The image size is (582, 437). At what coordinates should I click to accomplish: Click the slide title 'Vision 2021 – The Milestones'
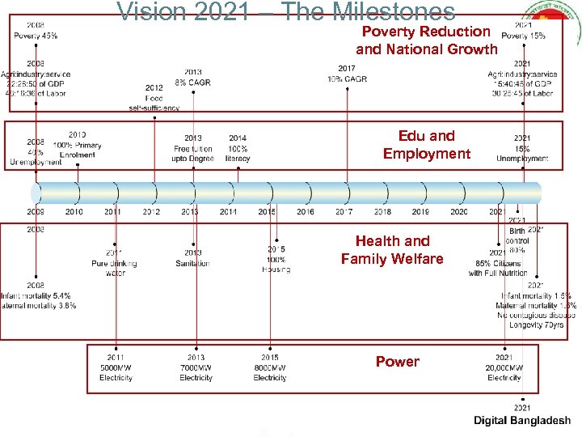pyautogui.click(x=286, y=11)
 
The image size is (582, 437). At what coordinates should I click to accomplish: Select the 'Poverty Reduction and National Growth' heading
pyautogui.click(x=426, y=40)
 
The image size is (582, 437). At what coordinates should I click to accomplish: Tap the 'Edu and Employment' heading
pyautogui.click(x=426, y=145)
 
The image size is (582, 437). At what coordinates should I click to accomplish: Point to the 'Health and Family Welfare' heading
pyautogui.click(x=392, y=250)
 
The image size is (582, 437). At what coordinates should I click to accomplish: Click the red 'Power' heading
pyautogui.click(x=397, y=362)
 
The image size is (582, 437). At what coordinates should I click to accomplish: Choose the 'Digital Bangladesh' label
pyautogui.click(x=521, y=421)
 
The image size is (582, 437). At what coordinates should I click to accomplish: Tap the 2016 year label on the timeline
pyautogui.click(x=306, y=212)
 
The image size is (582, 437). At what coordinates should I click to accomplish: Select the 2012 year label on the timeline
pyautogui.click(x=151, y=212)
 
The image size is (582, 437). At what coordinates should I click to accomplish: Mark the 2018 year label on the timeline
pyautogui.click(x=382, y=212)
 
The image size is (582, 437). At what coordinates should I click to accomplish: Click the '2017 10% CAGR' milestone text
pyautogui.click(x=346, y=74)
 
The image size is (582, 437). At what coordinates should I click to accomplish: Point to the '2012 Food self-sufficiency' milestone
pyautogui.click(x=154, y=97)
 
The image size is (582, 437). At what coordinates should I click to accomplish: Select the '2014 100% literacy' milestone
pyautogui.click(x=238, y=148)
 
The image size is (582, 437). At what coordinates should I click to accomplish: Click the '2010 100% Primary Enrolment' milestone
pyautogui.click(x=78, y=144)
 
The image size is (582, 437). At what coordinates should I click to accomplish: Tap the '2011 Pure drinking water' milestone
pyautogui.click(x=114, y=263)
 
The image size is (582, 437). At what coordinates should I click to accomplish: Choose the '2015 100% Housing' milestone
pyautogui.click(x=276, y=259)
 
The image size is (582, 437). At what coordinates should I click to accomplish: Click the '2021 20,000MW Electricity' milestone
pyautogui.click(x=504, y=367)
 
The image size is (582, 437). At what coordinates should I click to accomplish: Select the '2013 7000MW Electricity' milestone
pyautogui.click(x=196, y=367)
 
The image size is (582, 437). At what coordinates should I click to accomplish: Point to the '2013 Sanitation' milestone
pyautogui.click(x=192, y=258)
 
